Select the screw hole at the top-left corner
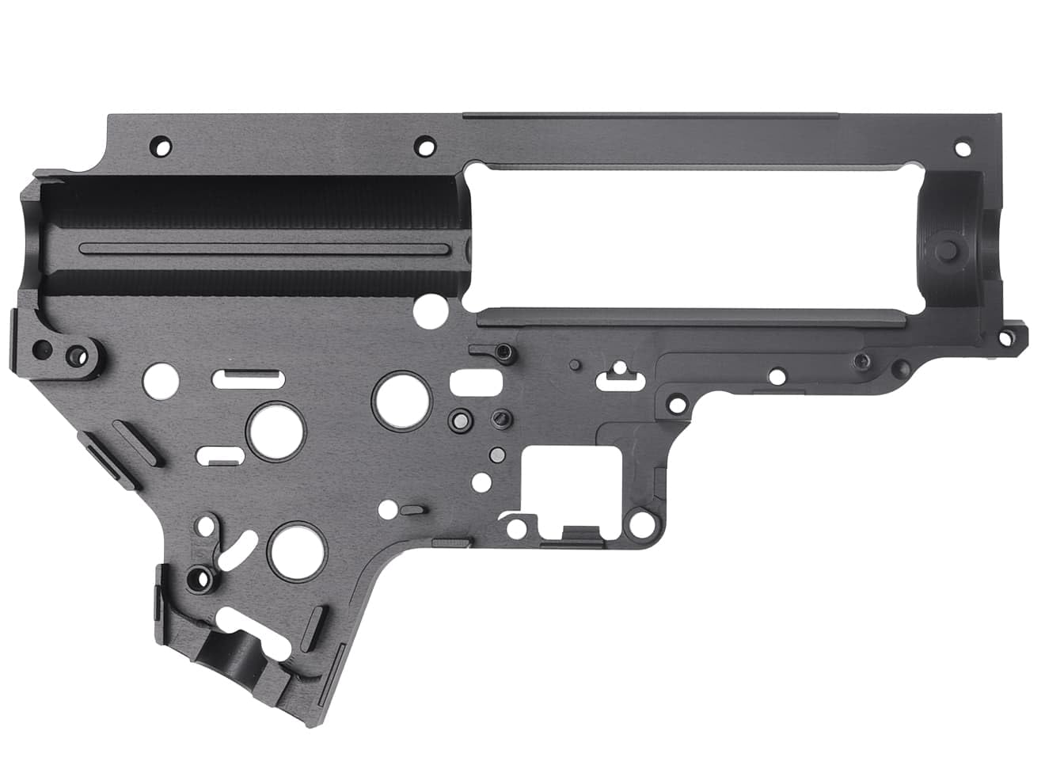184,147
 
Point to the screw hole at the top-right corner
963,148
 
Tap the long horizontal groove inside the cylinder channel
269,249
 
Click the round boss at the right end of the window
948,250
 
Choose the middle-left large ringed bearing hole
276,428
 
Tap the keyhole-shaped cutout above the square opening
620,375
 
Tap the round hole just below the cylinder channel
430,306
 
